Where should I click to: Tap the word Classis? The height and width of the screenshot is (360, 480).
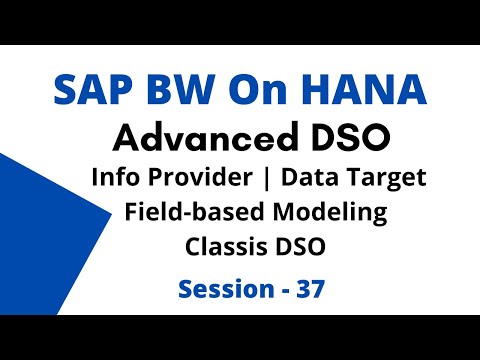pos(224,246)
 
